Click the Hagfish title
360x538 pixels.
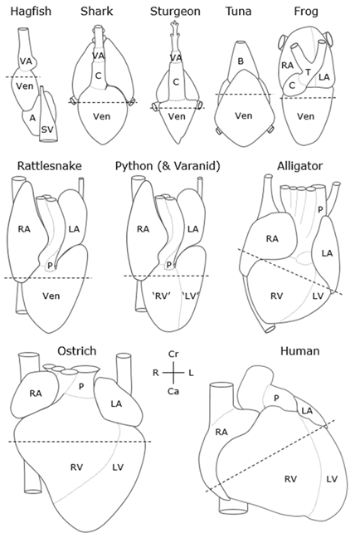pyautogui.click(x=31, y=12)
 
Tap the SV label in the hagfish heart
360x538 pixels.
pyautogui.click(x=47, y=130)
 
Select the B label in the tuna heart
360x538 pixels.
pyautogui.click(x=241, y=61)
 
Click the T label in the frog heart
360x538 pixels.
pyautogui.click(x=308, y=72)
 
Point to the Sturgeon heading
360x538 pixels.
pyautogui.click(x=175, y=12)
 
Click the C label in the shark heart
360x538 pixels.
pyautogui.click(x=98, y=76)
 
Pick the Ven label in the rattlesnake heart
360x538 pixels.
pyautogui.click(x=51, y=296)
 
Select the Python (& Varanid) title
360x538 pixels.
pyautogui.click(x=168, y=166)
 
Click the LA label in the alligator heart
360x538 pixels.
pyautogui.click(x=327, y=253)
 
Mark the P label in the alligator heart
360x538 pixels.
pyautogui.click(x=320, y=209)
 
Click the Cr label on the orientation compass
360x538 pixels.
pyautogui.click(x=173, y=354)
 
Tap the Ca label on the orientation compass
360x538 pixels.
pyautogui.click(x=173, y=391)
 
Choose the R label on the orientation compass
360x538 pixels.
pyautogui.click(x=156, y=373)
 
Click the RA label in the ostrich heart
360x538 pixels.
pyautogui.click(x=36, y=394)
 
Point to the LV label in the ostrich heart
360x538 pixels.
pyautogui.click(x=118, y=467)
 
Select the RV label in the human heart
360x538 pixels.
pyautogui.click(x=291, y=479)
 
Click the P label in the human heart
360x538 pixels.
pyautogui.click(x=276, y=398)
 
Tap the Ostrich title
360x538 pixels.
pyautogui.click(x=77, y=351)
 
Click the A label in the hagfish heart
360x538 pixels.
pyautogui.click(x=32, y=118)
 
